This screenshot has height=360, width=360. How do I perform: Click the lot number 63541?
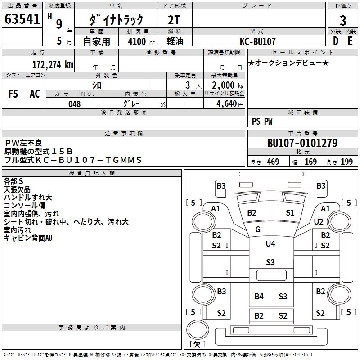[22, 19]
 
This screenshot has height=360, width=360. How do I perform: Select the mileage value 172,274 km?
[53, 64]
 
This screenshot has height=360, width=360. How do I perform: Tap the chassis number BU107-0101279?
[302, 143]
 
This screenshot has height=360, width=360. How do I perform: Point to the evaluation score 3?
[343, 20]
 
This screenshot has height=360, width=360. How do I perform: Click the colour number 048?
[75, 104]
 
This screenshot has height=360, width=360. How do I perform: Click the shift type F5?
[13, 94]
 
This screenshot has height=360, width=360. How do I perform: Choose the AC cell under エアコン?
[35, 94]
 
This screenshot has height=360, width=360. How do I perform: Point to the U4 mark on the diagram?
[270, 244]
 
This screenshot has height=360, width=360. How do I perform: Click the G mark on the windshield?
[258, 229]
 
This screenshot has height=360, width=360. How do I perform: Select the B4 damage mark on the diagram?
[259, 296]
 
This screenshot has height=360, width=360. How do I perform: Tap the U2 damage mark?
[319, 221]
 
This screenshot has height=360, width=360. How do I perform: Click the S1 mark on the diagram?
[290, 212]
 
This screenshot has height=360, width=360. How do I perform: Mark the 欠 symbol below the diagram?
[197, 344]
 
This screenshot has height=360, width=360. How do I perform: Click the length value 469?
[273, 162]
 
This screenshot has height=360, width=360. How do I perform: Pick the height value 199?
[347, 162]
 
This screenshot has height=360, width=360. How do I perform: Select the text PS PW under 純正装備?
[262, 121]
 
